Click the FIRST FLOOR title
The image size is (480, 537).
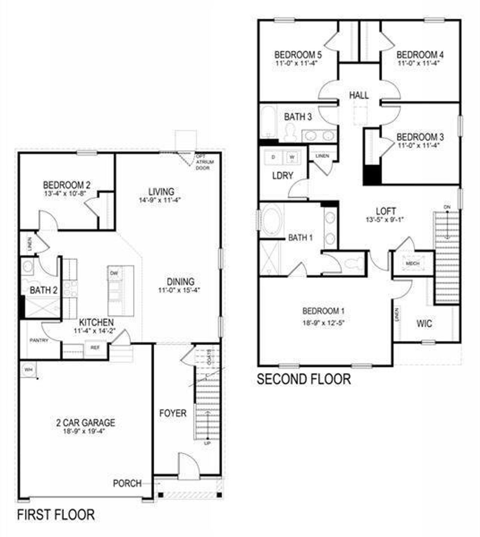coord(56,514)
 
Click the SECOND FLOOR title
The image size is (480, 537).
coord(304,379)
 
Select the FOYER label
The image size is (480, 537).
coord(172,413)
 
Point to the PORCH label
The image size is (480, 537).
coord(127,483)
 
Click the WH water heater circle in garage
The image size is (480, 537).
coord(28,370)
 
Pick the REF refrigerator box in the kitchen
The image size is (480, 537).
coord(95,348)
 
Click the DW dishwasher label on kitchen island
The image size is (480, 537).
coord(114,273)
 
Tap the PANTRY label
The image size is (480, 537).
coord(39,341)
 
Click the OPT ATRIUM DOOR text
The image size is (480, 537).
coord(205,162)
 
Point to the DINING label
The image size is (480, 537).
coord(180,282)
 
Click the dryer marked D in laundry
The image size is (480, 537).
coord(273,157)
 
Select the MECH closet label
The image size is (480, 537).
coord(412,264)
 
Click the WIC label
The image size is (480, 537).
coord(424,323)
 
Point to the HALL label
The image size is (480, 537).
coord(358,95)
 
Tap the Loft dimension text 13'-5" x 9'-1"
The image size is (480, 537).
coord(386,220)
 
